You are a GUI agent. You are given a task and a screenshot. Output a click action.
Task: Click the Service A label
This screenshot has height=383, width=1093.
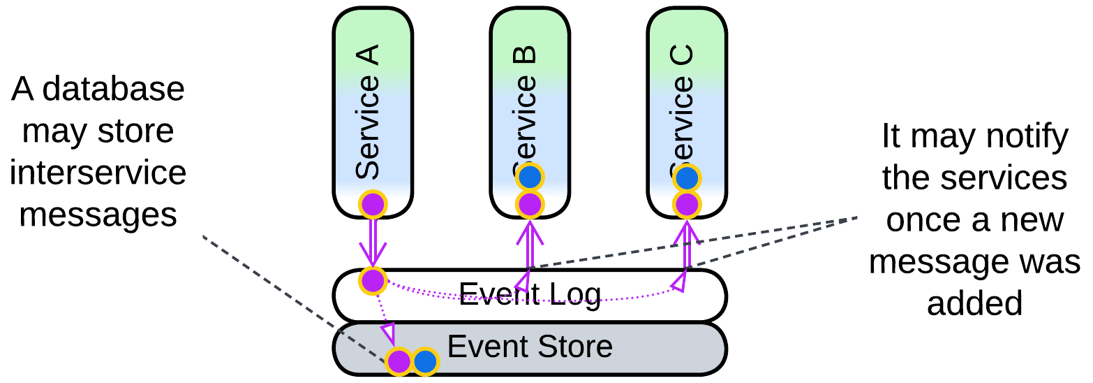pos(368,112)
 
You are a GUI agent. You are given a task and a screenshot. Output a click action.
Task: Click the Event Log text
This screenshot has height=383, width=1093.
pos(530,294)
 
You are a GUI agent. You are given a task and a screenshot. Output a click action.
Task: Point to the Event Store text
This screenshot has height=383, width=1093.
pos(530,347)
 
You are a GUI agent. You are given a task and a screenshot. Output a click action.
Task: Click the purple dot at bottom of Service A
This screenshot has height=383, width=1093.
pos(373,205)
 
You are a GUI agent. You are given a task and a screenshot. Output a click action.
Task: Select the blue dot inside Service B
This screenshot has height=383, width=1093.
pos(530,178)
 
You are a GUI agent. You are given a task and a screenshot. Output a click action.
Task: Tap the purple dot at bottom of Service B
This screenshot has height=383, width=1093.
pos(530,205)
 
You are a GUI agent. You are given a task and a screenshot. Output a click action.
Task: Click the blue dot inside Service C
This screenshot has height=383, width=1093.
pos(687,178)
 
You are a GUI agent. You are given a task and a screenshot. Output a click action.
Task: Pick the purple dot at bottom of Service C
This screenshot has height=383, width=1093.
pos(687,205)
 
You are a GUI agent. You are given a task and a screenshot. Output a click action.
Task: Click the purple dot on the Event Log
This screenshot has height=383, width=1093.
pos(373,280)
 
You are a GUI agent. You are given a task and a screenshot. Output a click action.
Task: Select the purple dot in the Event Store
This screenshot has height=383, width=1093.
pos(399,362)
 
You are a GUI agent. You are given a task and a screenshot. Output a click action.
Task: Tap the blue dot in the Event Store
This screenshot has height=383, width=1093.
pos(425,362)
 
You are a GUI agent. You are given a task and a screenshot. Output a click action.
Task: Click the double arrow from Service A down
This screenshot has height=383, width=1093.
pos(373,241)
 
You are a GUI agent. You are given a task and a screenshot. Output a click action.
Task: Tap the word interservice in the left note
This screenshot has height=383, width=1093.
pos(98,173)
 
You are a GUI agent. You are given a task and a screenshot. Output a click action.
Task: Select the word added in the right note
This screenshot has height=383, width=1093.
pos(974,303)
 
